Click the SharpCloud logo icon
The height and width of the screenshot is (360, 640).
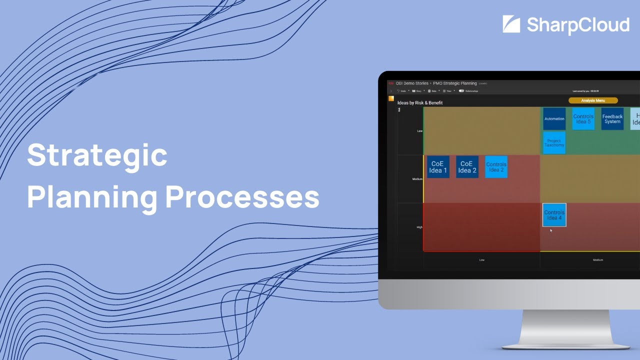coord(511,24)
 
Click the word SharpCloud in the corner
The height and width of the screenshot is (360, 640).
coord(578,25)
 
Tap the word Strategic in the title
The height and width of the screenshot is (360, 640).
coord(97,155)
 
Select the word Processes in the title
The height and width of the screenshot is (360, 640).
coord(242,197)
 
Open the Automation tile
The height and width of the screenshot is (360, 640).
coord(554,119)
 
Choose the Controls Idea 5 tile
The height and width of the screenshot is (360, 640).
coord(583,119)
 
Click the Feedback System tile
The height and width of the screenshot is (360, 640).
coord(612,119)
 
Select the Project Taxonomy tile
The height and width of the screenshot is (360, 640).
coord(554,143)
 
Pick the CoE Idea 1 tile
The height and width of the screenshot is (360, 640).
coord(438,167)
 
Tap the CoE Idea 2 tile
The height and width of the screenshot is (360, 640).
coord(467,167)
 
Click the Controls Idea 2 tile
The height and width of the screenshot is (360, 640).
coord(496,167)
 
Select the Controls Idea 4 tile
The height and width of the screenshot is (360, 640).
coord(554,215)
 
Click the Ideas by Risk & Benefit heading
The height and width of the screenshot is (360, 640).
coord(420,103)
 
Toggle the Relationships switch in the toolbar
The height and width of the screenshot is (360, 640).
coord(461,91)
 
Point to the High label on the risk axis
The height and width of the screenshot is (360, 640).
coord(419,227)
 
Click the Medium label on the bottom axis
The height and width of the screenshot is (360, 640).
coord(597,260)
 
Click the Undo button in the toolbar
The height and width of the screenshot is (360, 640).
coord(401,91)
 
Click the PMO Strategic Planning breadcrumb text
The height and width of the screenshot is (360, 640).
coord(455,83)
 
